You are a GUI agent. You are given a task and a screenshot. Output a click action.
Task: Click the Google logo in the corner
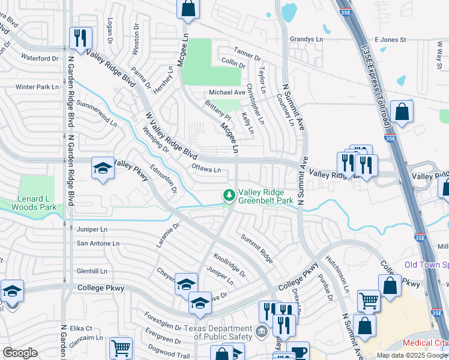pos(20,353)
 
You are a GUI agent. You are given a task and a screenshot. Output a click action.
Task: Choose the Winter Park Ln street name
pos(37,87)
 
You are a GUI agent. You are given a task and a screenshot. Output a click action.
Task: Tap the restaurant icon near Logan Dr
pos(79,38)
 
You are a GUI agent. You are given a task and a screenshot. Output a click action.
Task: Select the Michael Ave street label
pos(227,92)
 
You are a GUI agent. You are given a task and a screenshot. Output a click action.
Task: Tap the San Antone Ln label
pos(98,243)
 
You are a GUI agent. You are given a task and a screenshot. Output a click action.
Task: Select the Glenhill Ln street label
pos(92,271)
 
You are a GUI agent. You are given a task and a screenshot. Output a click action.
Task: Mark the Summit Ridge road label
pos(257,248)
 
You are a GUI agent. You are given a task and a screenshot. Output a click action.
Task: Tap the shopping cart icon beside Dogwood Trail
pos(121,347)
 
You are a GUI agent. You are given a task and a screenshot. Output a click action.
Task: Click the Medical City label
pos(425,343)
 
